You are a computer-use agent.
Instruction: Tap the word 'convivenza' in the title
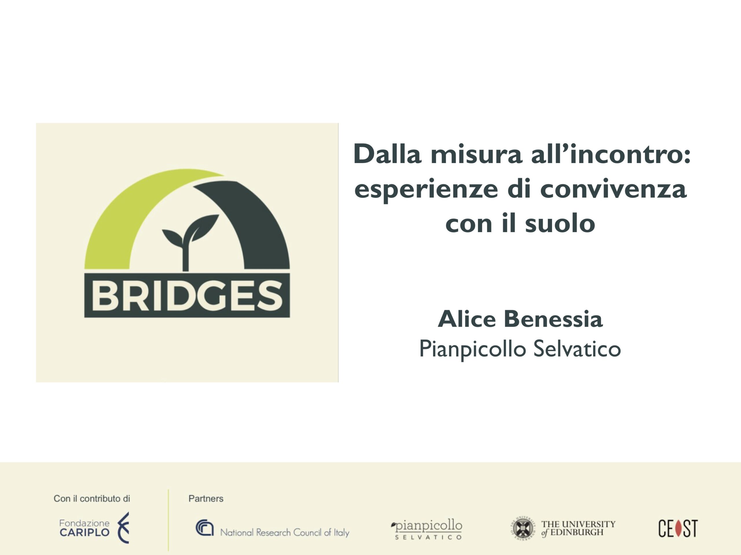[613, 189]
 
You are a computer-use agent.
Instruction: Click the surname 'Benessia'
[553, 319]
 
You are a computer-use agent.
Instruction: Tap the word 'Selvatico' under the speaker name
[577, 349]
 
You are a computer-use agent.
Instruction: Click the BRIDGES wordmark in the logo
[187, 295]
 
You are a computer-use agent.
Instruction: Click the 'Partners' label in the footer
[206, 498]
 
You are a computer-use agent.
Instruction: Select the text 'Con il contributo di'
[92, 498]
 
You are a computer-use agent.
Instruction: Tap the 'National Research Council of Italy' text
[285, 532]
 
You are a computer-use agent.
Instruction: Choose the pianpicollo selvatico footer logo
[426, 530]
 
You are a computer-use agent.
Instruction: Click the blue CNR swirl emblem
[204, 528]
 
